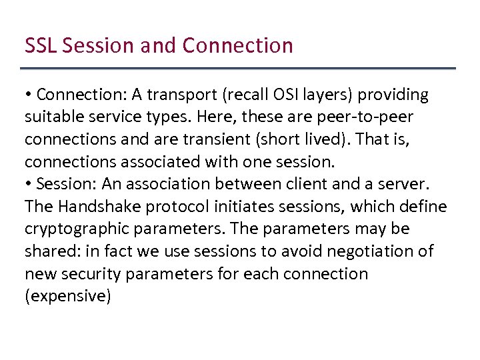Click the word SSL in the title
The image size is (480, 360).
[39, 46]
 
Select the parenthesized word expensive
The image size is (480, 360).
[67, 296]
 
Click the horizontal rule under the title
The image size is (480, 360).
[238, 68]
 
